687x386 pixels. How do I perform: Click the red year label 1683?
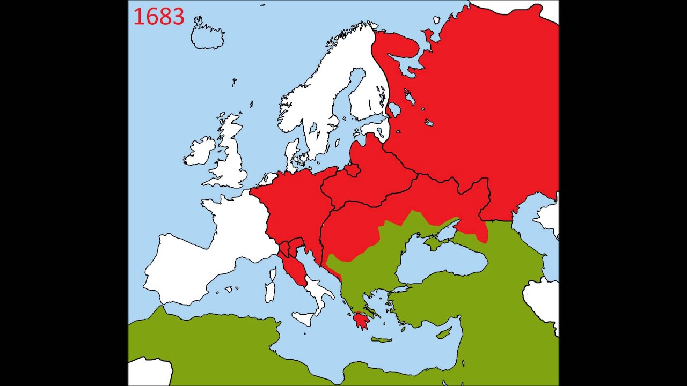159,17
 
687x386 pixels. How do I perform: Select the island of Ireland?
200,152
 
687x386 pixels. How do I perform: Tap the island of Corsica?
272,275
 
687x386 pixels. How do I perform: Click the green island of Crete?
381,339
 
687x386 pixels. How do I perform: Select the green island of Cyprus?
443,333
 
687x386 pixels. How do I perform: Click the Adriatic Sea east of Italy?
314,268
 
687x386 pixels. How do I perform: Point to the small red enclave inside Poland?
353,170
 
